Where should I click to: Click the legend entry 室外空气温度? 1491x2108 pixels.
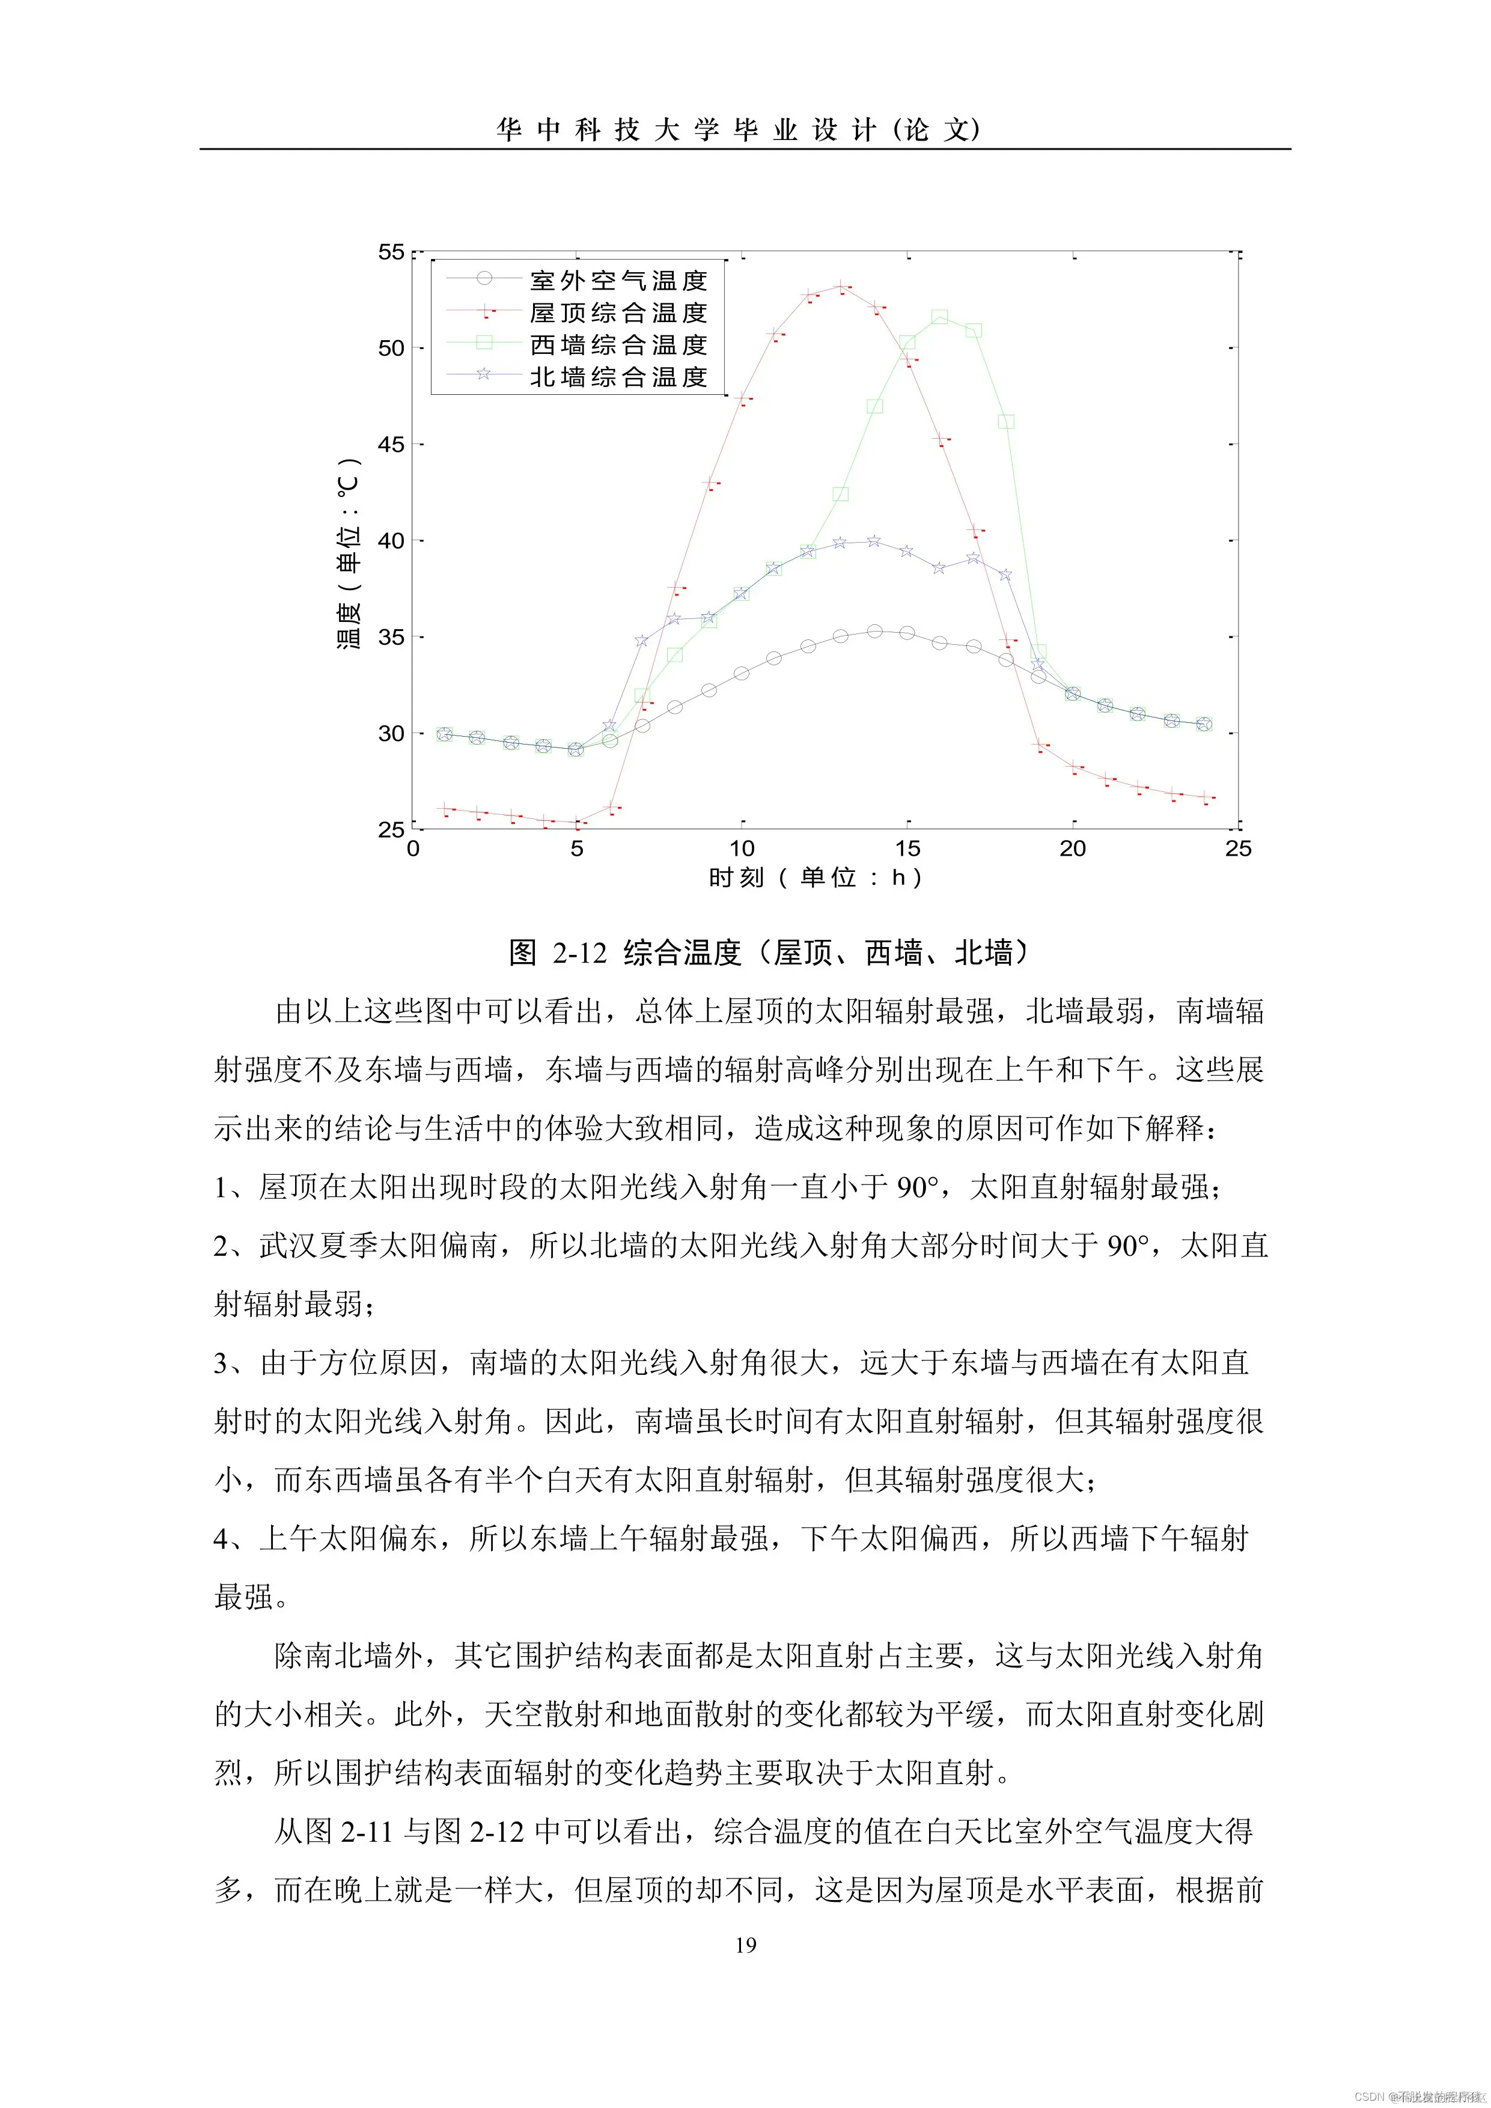click(x=618, y=280)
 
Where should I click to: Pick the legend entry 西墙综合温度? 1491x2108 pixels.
click(x=618, y=344)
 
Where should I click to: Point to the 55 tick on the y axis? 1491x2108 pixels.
click(x=391, y=252)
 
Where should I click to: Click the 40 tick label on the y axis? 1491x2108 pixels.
click(x=391, y=541)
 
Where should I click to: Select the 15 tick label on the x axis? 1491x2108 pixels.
click(x=907, y=848)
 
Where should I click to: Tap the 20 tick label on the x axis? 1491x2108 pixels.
click(x=1072, y=848)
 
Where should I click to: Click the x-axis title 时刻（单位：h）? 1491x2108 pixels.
click(x=816, y=878)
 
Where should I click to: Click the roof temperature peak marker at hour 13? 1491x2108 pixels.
click(x=840, y=287)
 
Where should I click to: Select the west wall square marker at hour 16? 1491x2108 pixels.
click(x=939, y=317)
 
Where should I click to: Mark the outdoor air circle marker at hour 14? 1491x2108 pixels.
click(x=874, y=632)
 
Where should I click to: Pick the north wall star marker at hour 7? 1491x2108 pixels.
click(x=642, y=640)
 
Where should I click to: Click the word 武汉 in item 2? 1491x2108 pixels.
click(x=288, y=1246)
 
